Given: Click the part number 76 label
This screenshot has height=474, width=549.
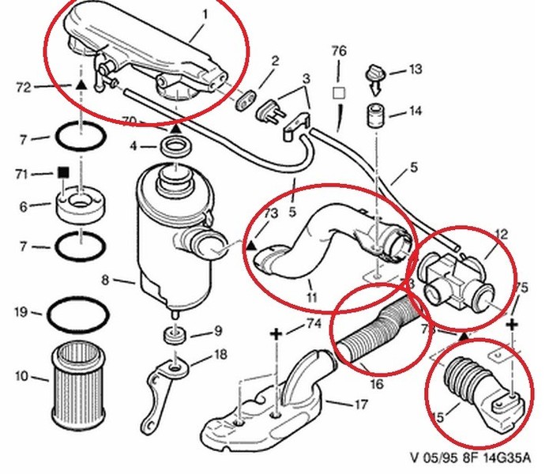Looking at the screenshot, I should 339,51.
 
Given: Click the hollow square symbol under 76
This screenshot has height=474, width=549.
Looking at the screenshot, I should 339,92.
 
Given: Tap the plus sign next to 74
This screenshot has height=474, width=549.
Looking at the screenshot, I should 276,335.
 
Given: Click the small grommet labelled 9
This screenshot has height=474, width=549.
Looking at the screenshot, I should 174,335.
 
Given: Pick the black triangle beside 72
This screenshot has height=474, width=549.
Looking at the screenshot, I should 81,83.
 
